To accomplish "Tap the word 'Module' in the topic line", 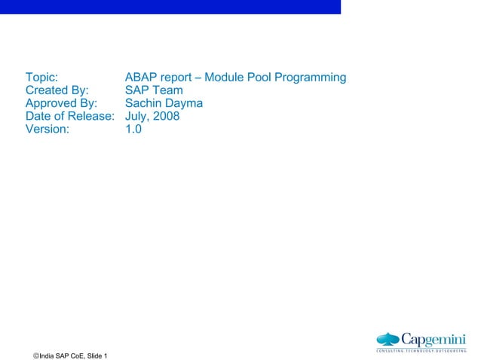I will click(x=225, y=78).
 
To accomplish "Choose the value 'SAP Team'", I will click(x=154, y=90).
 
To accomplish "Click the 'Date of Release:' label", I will click(x=69, y=116).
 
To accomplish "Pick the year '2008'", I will click(x=166, y=116).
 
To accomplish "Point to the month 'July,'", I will click(x=137, y=116).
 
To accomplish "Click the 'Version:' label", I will click(x=47, y=129).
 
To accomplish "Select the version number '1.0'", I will click(x=133, y=129).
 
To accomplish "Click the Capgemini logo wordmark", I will click(x=433, y=338).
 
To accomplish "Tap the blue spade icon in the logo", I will click(x=388, y=339).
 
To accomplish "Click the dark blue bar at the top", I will click(x=170, y=7).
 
